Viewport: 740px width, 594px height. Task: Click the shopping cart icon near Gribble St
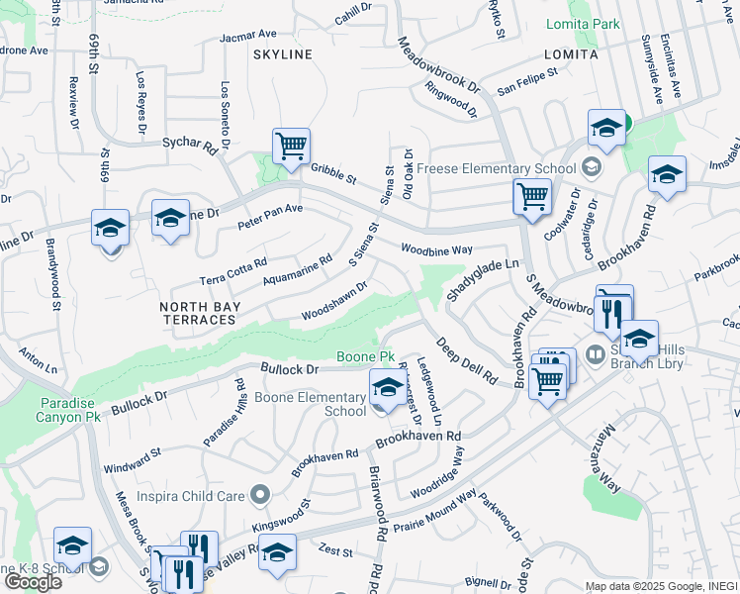[291, 147]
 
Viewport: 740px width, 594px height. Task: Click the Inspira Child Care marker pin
[260, 493]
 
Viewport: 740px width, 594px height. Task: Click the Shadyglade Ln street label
[483, 280]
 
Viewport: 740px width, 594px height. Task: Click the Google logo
[33, 581]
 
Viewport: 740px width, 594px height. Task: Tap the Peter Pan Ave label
[270, 217]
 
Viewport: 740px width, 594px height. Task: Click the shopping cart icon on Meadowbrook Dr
[532, 197]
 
